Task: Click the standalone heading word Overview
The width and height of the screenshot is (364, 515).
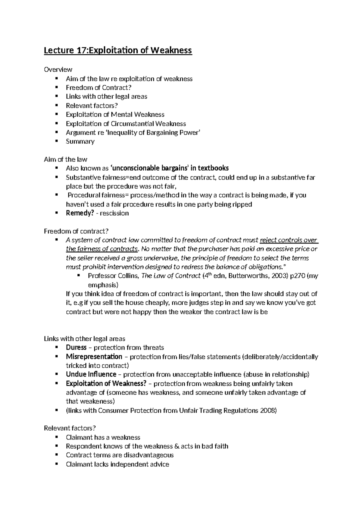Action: pyautogui.click(x=58, y=70)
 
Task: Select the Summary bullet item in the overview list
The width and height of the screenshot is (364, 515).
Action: pyautogui.click(x=80, y=142)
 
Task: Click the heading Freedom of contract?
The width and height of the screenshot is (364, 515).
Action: pyautogui.click(x=76, y=231)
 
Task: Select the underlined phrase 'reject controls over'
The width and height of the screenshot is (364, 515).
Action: pyautogui.click(x=288, y=240)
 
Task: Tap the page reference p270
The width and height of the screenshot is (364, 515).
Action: pyautogui.click(x=296, y=276)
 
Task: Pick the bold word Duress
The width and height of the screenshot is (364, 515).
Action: pyautogui.click(x=76, y=348)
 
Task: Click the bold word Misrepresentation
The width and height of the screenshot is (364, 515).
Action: pyautogui.click(x=94, y=356)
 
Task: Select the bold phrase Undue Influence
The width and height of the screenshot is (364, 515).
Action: pyautogui.click(x=91, y=374)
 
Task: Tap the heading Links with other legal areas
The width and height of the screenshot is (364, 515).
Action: pyautogui.click(x=85, y=339)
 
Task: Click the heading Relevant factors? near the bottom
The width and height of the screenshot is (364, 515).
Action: pyautogui.click(x=70, y=428)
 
